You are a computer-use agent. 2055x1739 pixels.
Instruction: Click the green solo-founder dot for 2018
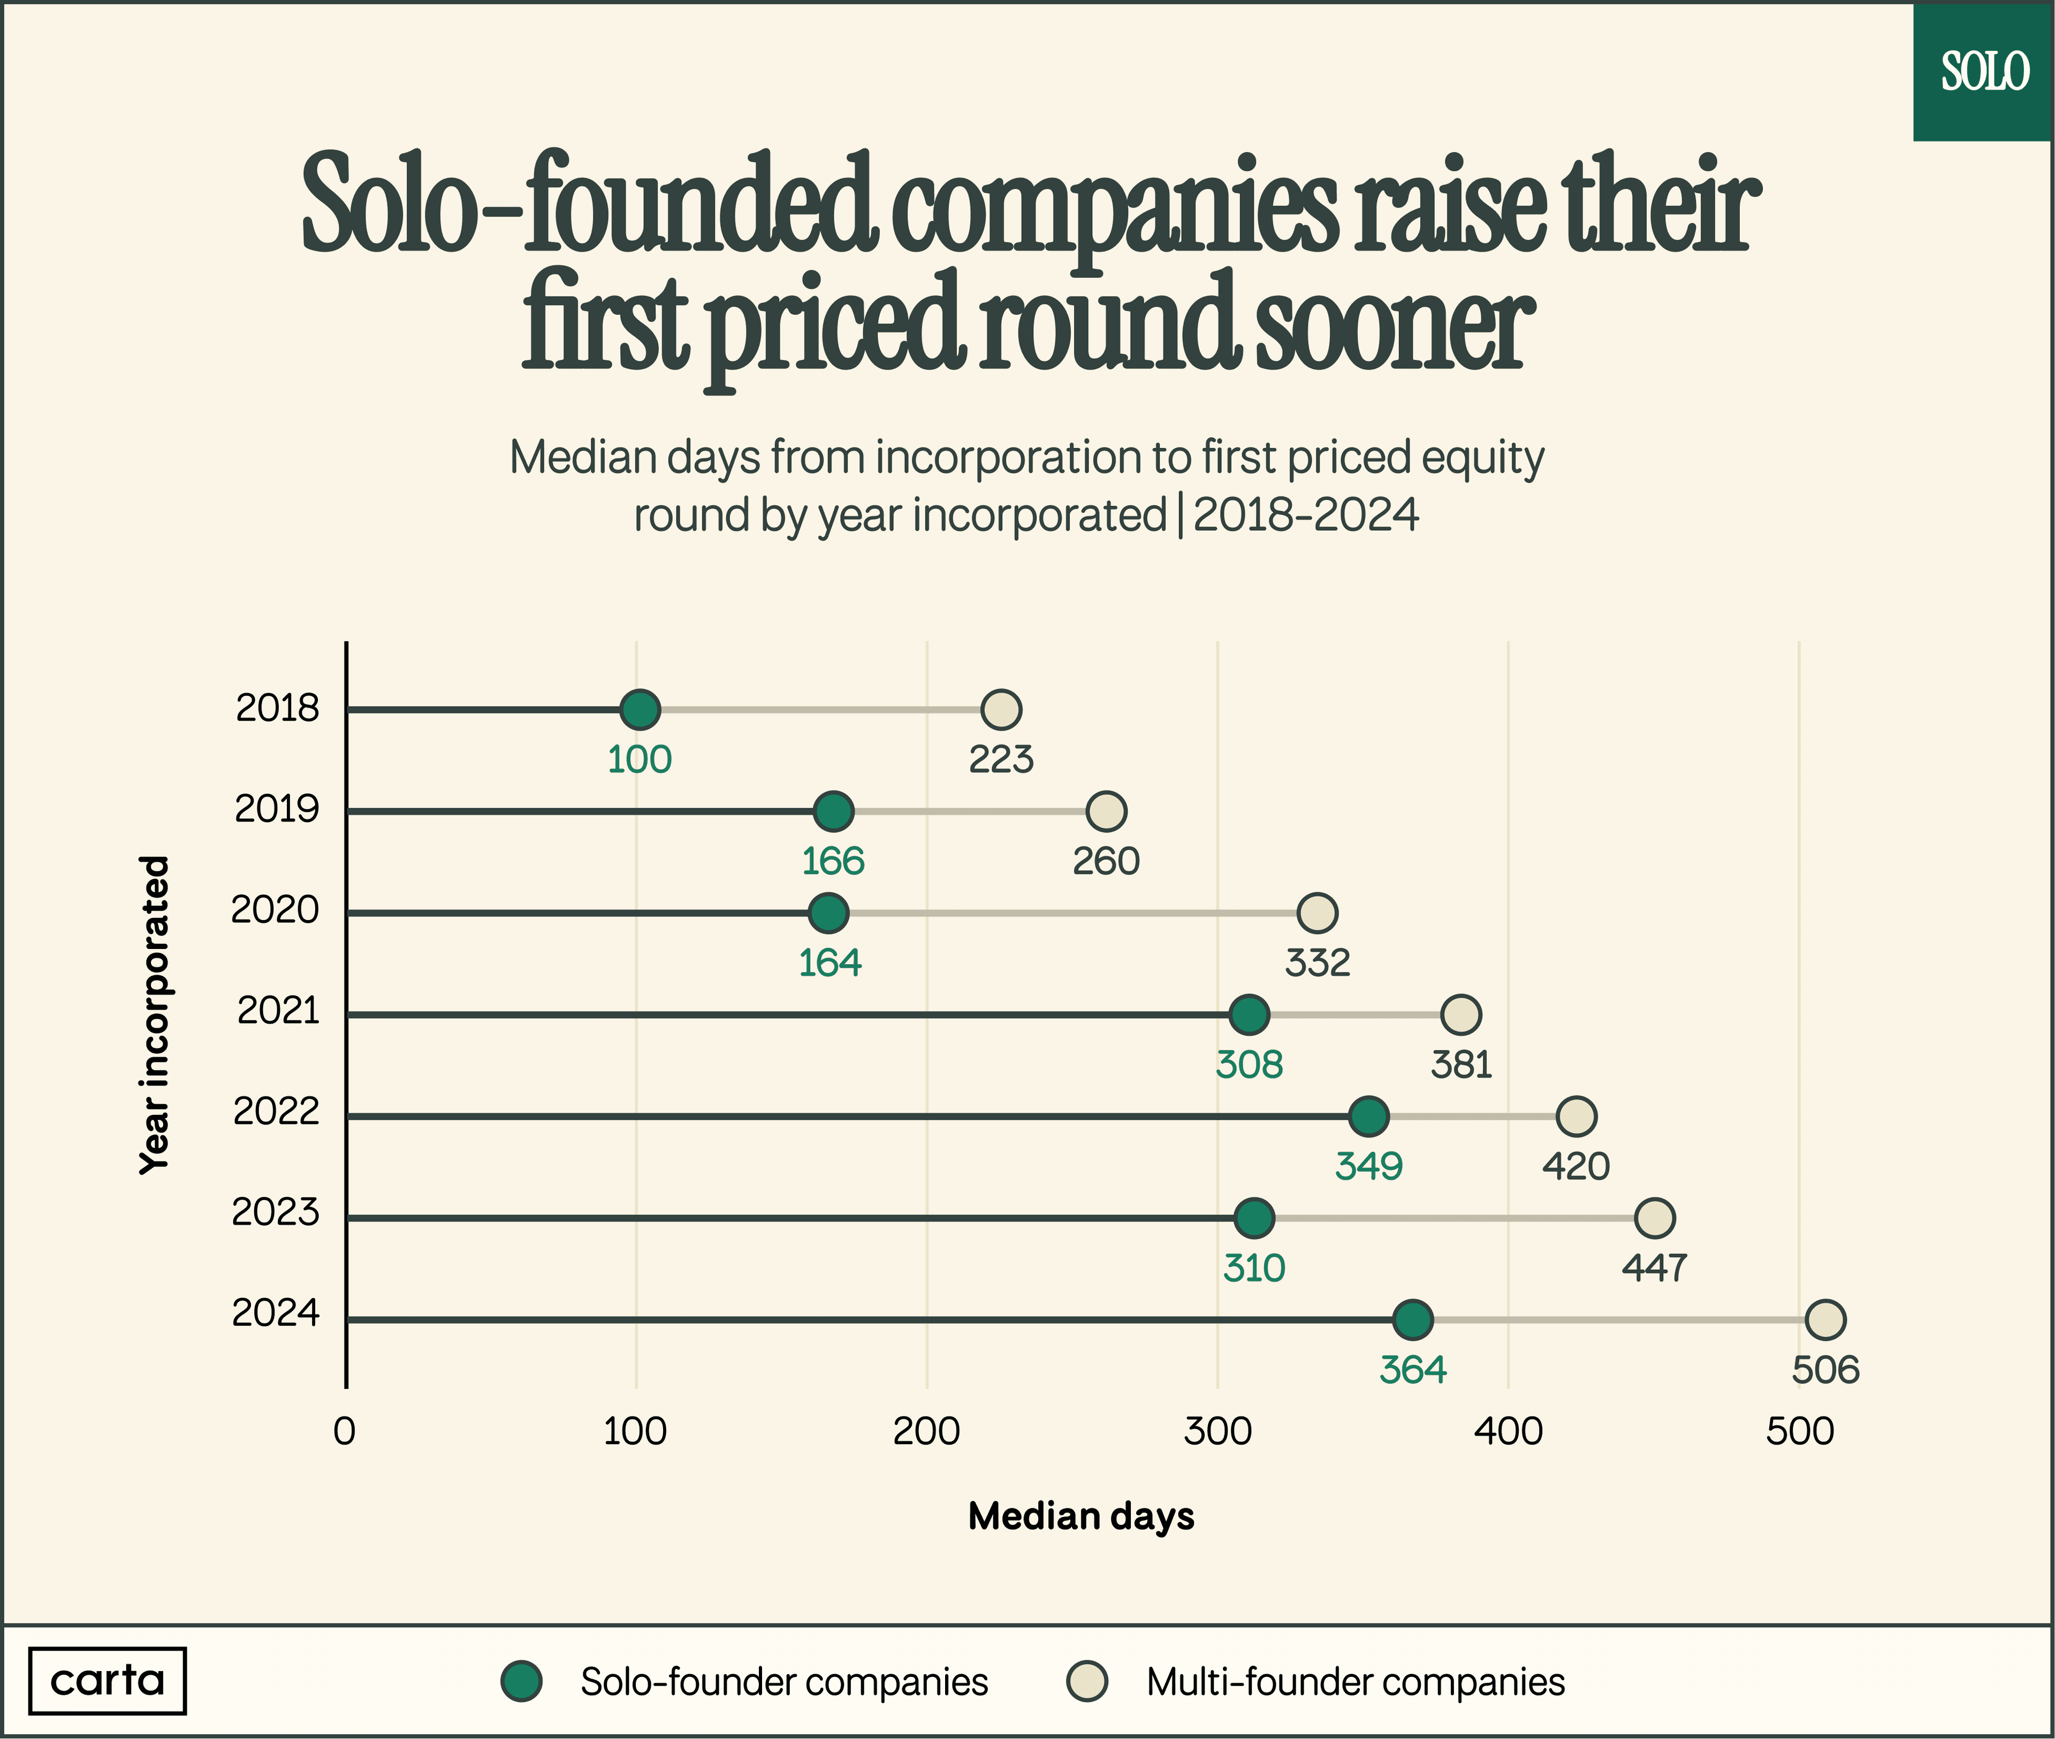point(640,709)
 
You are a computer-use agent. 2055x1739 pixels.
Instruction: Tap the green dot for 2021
point(1249,1014)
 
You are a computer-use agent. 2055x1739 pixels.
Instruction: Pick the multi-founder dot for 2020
point(1317,913)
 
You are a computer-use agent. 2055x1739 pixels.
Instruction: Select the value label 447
point(1654,1268)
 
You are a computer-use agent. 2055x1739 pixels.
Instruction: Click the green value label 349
point(1368,1166)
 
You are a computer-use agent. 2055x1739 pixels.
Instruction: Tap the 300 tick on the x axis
point(1217,1431)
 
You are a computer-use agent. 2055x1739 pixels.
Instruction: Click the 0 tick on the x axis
point(344,1431)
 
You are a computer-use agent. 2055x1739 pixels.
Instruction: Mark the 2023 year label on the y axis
point(276,1212)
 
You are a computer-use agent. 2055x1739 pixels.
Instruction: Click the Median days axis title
point(1080,1516)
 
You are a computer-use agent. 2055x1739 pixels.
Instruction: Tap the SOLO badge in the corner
point(1983,72)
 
